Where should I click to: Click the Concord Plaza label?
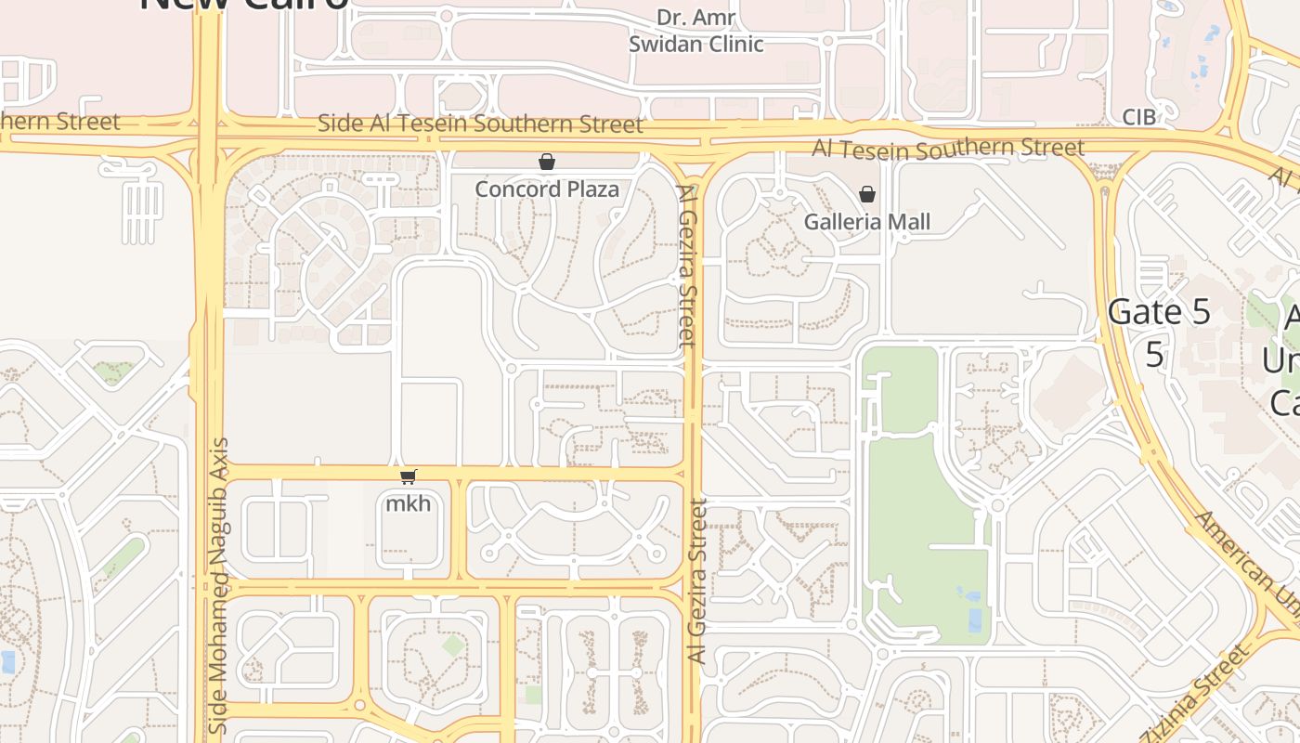547,189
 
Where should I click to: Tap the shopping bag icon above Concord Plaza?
547,163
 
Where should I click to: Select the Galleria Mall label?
866,222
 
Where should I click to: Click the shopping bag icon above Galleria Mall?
866,194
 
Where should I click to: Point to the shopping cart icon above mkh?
409,477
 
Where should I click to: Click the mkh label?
409,504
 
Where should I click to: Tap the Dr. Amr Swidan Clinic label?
696,31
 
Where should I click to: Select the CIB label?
1139,118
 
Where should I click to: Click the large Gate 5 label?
1160,313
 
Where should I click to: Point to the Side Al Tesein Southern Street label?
480,124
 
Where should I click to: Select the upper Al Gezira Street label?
687,266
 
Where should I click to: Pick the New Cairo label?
244,5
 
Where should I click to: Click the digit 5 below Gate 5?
1154,355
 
